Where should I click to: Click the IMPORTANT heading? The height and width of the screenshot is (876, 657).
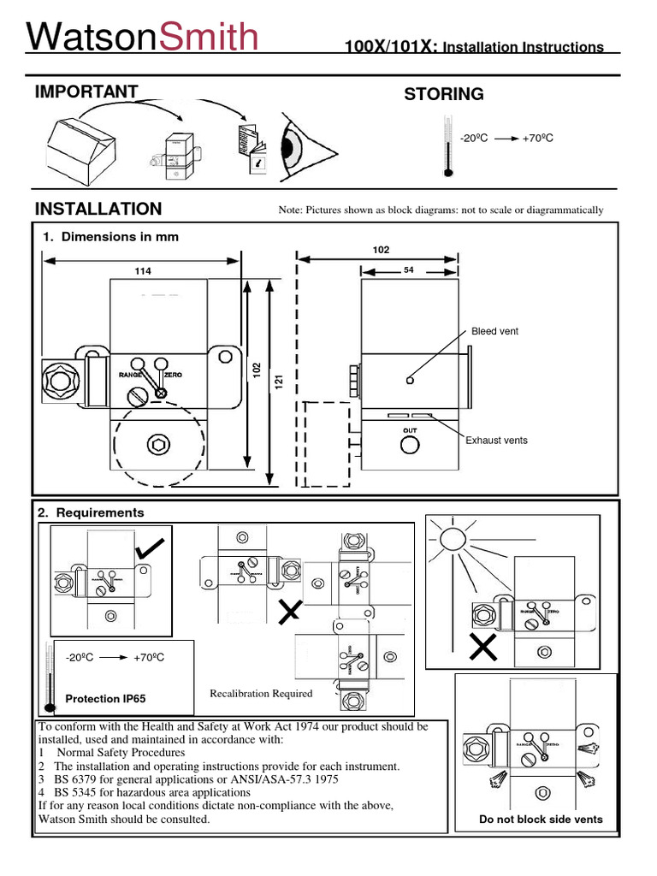pos(86,92)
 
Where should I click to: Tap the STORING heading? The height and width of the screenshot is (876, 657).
pos(443,94)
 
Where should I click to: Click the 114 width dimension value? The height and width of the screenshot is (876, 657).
pos(142,271)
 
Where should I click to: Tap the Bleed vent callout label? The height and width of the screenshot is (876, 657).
pos(494,331)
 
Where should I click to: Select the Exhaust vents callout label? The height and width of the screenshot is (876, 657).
pos(496,441)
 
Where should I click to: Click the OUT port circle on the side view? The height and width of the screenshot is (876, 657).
pos(410,445)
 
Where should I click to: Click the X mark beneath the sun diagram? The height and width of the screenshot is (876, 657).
pos(483,649)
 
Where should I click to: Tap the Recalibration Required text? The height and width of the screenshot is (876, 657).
pos(261,694)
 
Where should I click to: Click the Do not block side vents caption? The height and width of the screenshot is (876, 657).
pos(540,820)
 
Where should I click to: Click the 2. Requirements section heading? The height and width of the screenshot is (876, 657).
pos(91,512)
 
